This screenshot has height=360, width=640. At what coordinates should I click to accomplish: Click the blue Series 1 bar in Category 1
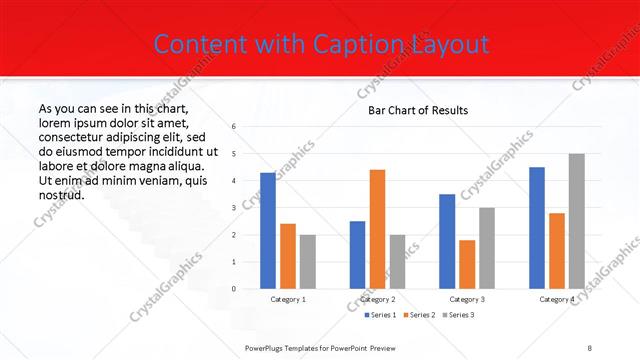(x=267, y=231)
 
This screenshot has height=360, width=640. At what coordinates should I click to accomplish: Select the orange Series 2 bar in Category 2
(x=377, y=229)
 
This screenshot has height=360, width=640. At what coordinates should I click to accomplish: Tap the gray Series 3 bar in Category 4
(x=576, y=221)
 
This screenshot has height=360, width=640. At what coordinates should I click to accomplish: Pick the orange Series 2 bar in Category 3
(x=467, y=264)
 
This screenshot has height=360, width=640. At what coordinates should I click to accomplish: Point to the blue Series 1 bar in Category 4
(x=537, y=228)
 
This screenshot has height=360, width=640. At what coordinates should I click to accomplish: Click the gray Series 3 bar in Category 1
(x=307, y=262)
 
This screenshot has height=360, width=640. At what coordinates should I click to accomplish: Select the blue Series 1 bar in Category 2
(x=357, y=255)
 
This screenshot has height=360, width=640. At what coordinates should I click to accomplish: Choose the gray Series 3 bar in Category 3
(x=487, y=248)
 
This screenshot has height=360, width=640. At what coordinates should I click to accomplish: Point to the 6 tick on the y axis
(x=233, y=127)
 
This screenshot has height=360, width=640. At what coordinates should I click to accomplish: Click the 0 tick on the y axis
(x=233, y=289)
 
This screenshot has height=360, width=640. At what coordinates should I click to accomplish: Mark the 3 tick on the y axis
(x=233, y=208)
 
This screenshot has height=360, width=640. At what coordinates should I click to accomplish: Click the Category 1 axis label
(x=288, y=299)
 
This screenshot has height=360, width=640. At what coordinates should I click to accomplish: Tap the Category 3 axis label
(x=467, y=299)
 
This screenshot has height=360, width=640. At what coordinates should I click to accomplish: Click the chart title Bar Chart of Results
(x=412, y=109)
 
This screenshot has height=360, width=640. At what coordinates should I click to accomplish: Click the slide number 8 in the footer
(x=589, y=347)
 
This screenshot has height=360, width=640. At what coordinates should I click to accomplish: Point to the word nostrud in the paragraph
(x=60, y=194)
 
